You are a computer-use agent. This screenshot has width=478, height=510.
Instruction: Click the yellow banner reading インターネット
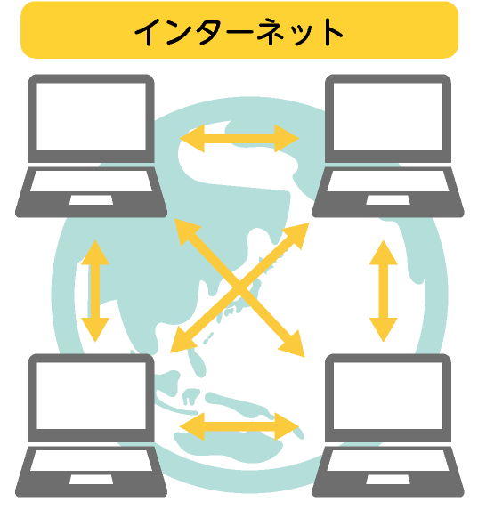(x=239, y=30)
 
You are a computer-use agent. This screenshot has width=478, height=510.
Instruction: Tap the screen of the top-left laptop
(x=91, y=116)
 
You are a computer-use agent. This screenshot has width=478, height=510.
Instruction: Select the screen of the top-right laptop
(x=388, y=116)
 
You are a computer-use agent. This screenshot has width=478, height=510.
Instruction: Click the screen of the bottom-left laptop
(x=91, y=395)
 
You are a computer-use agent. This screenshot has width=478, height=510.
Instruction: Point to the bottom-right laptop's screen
(x=388, y=395)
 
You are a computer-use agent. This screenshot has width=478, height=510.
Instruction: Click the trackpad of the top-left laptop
(x=91, y=200)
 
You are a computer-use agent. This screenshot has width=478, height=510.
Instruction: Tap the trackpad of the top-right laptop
(x=388, y=200)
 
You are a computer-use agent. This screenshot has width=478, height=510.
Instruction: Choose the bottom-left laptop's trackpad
(x=91, y=480)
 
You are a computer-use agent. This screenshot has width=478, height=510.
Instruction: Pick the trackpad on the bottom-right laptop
(x=388, y=480)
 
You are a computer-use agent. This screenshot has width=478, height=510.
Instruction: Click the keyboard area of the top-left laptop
(x=91, y=181)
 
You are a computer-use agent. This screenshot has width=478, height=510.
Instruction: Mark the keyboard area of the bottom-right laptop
(x=388, y=460)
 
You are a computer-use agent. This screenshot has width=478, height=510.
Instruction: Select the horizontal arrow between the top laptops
(x=239, y=138)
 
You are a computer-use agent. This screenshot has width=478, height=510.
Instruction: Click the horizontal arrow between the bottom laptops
(x=239, y=426)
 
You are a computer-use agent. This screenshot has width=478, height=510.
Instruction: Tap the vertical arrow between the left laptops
(x=95, y=291)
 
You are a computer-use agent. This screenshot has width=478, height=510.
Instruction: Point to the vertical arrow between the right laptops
(x=384, y=291)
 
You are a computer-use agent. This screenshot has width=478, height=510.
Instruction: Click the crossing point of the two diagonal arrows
(x=239, y=288)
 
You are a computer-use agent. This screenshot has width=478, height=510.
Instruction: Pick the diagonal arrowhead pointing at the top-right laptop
(x=296, y=236)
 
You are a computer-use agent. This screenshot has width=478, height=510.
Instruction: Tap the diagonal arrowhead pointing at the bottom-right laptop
(x=292, y=344)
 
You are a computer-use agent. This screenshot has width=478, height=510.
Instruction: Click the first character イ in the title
(x=146, y=32)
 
